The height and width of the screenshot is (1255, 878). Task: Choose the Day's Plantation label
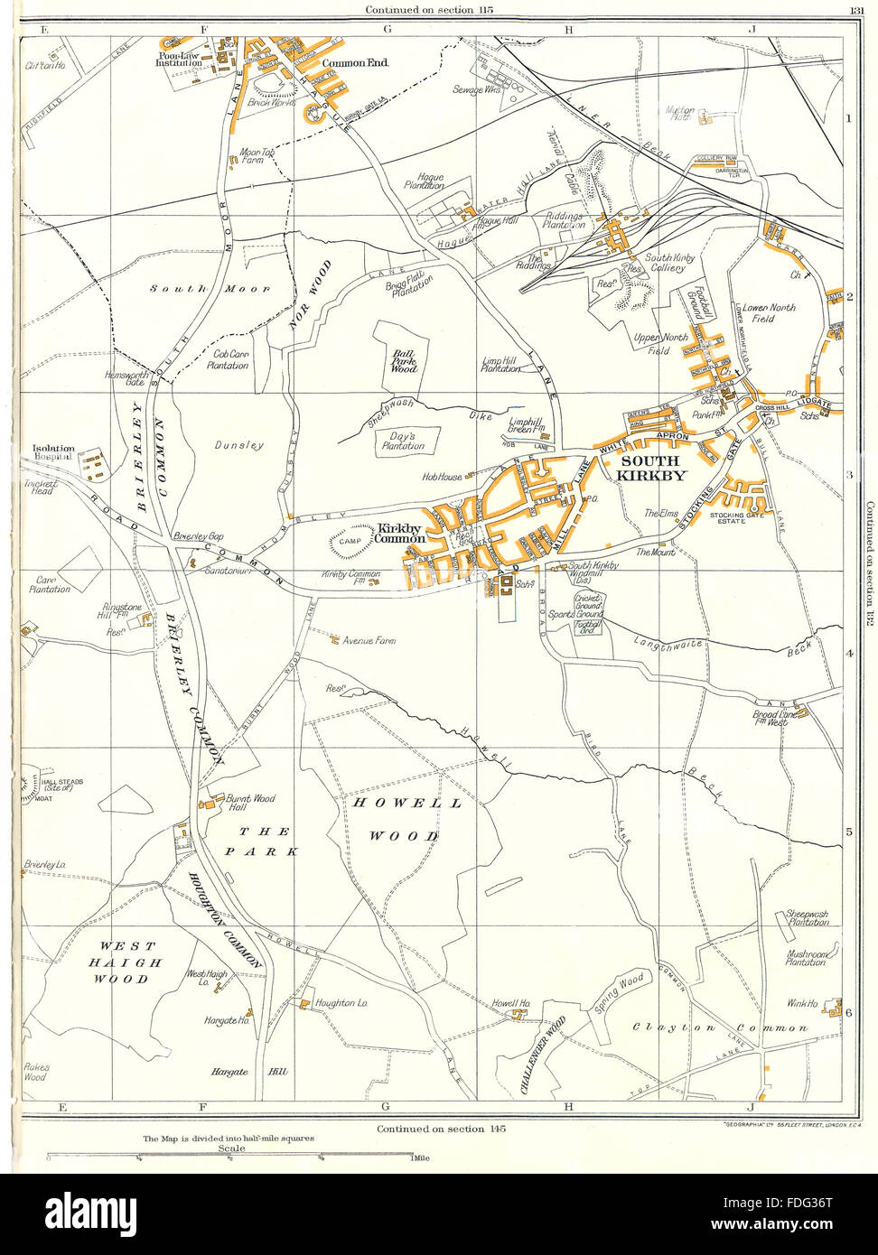coord(403,441)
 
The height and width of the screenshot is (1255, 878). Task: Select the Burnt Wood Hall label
coord(251,804)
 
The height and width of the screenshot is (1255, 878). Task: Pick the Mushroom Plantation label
coord(805,957)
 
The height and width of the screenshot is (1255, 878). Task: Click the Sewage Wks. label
coord(480,90)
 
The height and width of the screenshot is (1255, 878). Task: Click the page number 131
coord(856,10)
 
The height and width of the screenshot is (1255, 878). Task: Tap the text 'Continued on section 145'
coord(432,1129)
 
